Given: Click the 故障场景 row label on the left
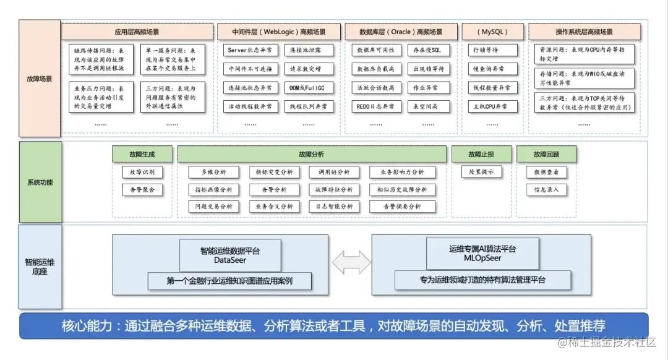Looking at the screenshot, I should pos(40,79).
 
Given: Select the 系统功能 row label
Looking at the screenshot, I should pos(40,182).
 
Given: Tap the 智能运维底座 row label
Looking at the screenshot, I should pos(40,267).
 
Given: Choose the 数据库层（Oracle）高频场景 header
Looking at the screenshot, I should pos(401,32).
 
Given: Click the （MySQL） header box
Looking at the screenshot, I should pos(493,32).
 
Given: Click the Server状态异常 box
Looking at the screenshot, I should pos(250,50).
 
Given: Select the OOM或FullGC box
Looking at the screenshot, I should pos(310,88).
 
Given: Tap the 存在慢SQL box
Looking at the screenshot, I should pos(427,50).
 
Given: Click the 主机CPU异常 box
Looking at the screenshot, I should pos(491,106).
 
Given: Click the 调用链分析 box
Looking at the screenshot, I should pos(334,172).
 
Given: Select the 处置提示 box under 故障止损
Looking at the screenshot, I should pos(481,172).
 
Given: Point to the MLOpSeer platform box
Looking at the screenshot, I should pos(474,254).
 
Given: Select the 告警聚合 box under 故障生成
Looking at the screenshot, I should pos(142,189).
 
